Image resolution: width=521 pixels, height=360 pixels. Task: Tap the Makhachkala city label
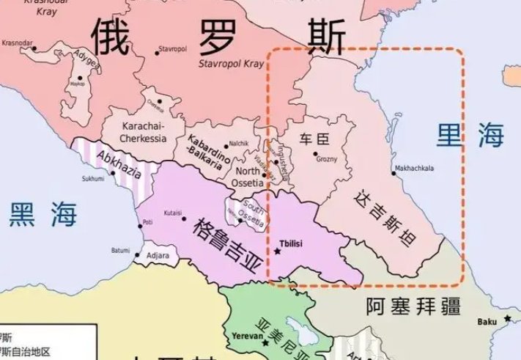414,168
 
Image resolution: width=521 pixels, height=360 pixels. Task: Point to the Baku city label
487,320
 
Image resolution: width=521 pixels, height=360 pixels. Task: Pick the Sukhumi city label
92,178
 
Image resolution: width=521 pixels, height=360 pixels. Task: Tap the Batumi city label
120,250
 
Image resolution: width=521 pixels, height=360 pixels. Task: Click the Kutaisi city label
173,210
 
